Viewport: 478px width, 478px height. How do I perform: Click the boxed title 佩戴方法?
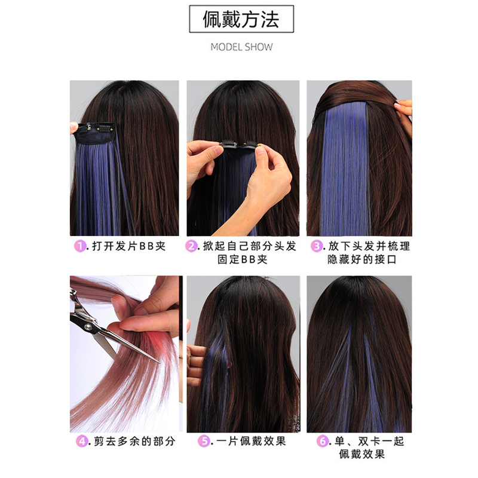coord(241,20)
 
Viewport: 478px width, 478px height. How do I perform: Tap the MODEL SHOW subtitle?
coord(241,47)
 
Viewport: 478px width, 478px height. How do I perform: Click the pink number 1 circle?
coord(78,246)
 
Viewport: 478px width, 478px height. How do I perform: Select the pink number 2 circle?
coord(191,246)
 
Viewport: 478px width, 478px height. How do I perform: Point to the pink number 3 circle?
coord(317,246)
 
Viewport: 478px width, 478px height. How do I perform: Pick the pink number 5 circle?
coord(206,442)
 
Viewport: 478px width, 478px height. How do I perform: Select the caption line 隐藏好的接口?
coord(361,259)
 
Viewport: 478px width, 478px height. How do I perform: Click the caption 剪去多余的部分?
coord(134,442)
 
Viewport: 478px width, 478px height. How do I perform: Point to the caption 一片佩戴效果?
coord(251,442)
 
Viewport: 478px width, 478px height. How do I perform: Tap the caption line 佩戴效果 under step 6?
coord(361,455)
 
